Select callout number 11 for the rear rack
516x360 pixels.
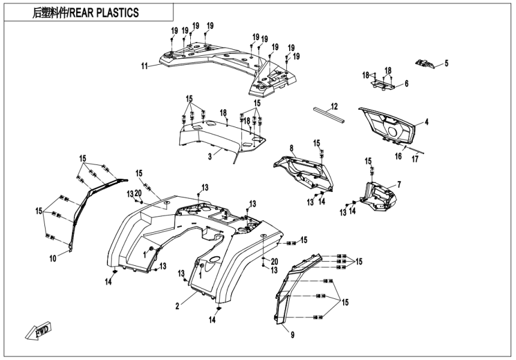point(145,66)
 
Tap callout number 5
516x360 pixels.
point(446,62)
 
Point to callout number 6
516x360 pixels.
point(406,83)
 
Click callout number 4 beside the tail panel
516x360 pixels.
point(427,122)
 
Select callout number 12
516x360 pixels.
point(335,106)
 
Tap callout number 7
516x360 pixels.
point(399,184)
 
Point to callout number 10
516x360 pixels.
point(53,258)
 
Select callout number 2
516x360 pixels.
point(177,306)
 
